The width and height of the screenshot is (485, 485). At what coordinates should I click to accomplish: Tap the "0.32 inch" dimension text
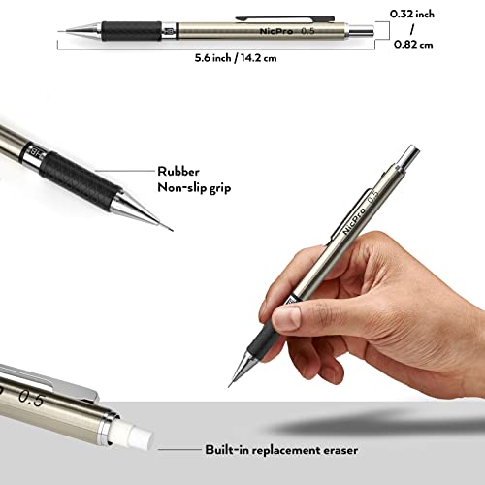click(x=434, y=14)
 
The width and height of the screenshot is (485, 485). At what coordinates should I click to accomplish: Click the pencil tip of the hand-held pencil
click(x=231, y=384)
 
